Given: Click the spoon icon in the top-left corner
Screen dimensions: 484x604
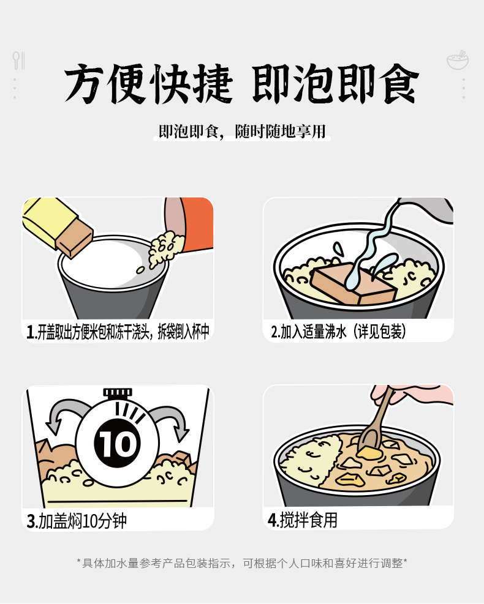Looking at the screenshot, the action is click(x=16, y=61).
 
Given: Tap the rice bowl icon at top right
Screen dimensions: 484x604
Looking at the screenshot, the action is click(x=458, y=60).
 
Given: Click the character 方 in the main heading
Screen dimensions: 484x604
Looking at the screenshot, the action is click(x=84, y=84).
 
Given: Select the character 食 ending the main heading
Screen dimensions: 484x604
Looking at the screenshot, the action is click(x=399, y=84).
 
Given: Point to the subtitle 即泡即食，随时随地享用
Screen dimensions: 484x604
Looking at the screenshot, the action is click(x=242, y=132).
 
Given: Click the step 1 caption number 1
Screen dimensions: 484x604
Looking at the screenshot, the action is click(x=30, y=332).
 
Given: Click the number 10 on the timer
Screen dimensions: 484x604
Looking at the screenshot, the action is click(x=117, y=444).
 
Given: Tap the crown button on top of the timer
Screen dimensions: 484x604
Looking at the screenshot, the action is click(x=118, y=392).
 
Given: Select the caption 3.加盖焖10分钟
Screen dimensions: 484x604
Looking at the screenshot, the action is click(x=77, y=521).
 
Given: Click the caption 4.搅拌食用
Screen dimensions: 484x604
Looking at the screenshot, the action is click(x=303, y=520).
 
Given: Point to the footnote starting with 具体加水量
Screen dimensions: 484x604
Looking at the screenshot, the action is click(x=242, y=563).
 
